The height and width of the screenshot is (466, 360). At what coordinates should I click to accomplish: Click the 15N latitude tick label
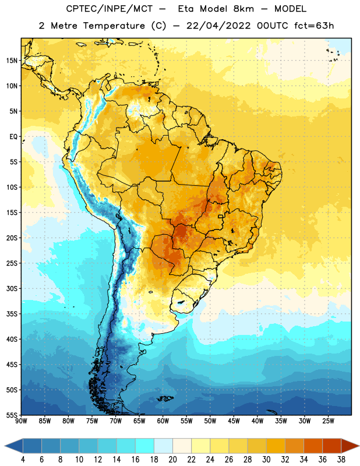pyautogui.click(x=12, y=61)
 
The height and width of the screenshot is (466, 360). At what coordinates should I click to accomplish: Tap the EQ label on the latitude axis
pyautogui.click(x=13, y=137)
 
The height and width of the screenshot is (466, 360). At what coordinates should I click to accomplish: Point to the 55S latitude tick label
pyautogui.click(x=12, y=415)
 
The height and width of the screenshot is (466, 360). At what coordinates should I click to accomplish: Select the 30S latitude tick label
pyautogui.click(x=12, y=288)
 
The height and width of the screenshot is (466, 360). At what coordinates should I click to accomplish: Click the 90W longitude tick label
pyautogui.click(x=21, y=421)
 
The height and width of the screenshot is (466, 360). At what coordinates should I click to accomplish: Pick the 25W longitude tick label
pyautogui.click(x=328, y=421)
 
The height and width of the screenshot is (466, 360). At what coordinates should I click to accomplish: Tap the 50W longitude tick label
pyautogui.click(x=210, y=421)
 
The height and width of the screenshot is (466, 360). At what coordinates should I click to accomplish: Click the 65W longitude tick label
pyautogui.click(x=139, y=421)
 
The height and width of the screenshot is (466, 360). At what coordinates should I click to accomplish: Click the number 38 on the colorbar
pyautogui.click(x=341, y=460)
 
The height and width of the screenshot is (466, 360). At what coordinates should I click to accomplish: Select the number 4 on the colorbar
pyautogui.click(x=23, y=460)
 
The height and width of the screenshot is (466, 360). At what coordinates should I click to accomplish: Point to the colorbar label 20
pyautogui.click(x=172, y=460)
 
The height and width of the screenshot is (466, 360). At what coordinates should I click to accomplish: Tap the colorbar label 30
pyautogui.click(x=266, y=460)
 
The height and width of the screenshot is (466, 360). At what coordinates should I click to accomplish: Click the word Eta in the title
pyautogui.click(x=186, y=9)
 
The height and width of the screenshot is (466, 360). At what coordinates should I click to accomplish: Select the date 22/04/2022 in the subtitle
pyautogui.click(x=218, y=26)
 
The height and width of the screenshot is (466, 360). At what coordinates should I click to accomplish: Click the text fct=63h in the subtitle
pyautogui.click(x=314, y=26)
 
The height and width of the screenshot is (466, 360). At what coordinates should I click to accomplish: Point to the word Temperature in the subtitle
pyautogui.click(x=114, y=26)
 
